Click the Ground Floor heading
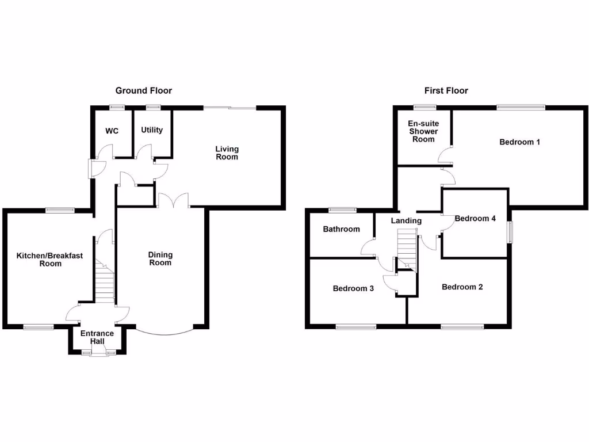pos(143,90)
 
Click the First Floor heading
pos(446,90)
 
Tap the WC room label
pos(112,131)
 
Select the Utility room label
pos(152,130)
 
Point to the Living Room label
pos(227,153)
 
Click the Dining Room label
pos(160,259)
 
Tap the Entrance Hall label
pos(97,337)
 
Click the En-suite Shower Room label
pos(423,131)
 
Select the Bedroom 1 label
pos(519,142)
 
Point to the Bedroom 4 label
pos(475,219)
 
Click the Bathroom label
pos(341,229)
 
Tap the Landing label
pos(406,221)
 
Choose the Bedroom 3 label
pos(353,288)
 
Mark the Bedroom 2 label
pos(462,287)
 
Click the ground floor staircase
pos(105,284)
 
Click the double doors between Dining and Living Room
pos(174,201)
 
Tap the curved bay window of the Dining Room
pos(165,332)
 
